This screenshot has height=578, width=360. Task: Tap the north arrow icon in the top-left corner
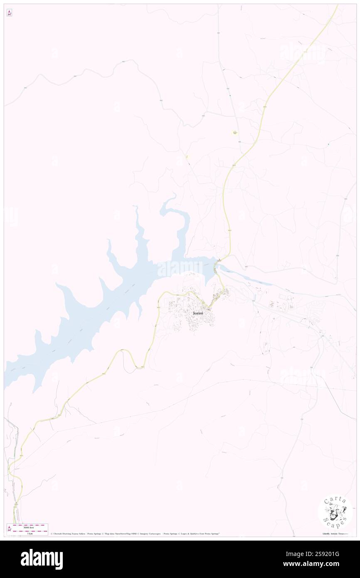point(9,13)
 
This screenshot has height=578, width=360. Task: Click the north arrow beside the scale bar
point(9,529)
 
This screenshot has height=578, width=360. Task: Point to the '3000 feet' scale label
point(28,526)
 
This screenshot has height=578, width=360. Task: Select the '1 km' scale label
point(28,533)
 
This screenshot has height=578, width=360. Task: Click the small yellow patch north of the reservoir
point(234,133)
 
